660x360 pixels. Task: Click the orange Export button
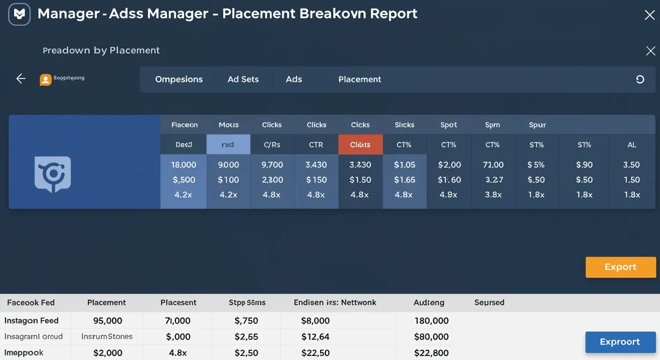620,267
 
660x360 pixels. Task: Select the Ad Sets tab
243,79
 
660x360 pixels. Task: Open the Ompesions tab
179,79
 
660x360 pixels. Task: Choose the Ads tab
294,79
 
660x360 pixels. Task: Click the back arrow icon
21,79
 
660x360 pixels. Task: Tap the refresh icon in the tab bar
640,80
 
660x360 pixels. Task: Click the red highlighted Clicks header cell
360,144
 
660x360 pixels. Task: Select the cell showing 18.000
183,165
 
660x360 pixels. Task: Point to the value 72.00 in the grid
493,165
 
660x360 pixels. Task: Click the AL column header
631,145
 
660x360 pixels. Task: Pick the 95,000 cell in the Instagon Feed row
107,321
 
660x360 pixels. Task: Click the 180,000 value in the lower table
431,321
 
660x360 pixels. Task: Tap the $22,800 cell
431,353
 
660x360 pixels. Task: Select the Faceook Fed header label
31,303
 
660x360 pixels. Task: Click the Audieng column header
428,303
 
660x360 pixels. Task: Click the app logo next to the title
19,14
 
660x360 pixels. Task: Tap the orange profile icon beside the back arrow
45,80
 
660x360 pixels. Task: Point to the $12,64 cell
315,337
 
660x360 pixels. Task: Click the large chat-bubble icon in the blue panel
52,174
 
